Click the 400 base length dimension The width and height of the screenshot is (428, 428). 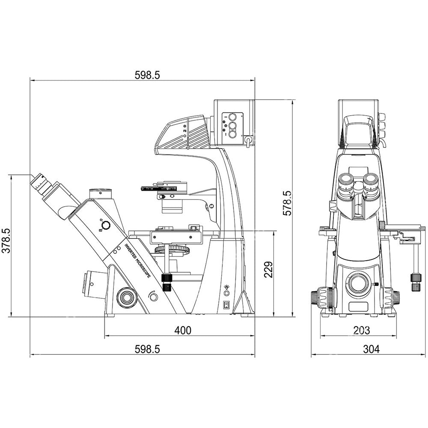coord(183,330)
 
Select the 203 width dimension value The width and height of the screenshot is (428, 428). coord(362,330)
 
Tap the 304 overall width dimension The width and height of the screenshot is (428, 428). coord(371,349)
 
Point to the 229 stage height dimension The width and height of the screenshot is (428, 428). coord(269,269)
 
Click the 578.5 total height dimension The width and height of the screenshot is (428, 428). coord(287,203)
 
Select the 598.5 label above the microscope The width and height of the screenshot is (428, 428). coord(147,75)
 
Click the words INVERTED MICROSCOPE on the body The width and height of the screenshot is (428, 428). coord(137,261)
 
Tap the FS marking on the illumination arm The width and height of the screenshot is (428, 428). coord(185,131)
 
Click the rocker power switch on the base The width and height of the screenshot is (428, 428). coord(226,305)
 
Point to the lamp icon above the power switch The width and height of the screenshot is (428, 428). coord(226,287)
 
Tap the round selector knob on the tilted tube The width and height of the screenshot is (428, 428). coord(105,226)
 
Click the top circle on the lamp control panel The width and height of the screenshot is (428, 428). coord(232,117)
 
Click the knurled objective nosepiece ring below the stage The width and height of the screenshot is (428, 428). coord(172,249)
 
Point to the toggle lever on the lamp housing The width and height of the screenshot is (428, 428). coord(248,141)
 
